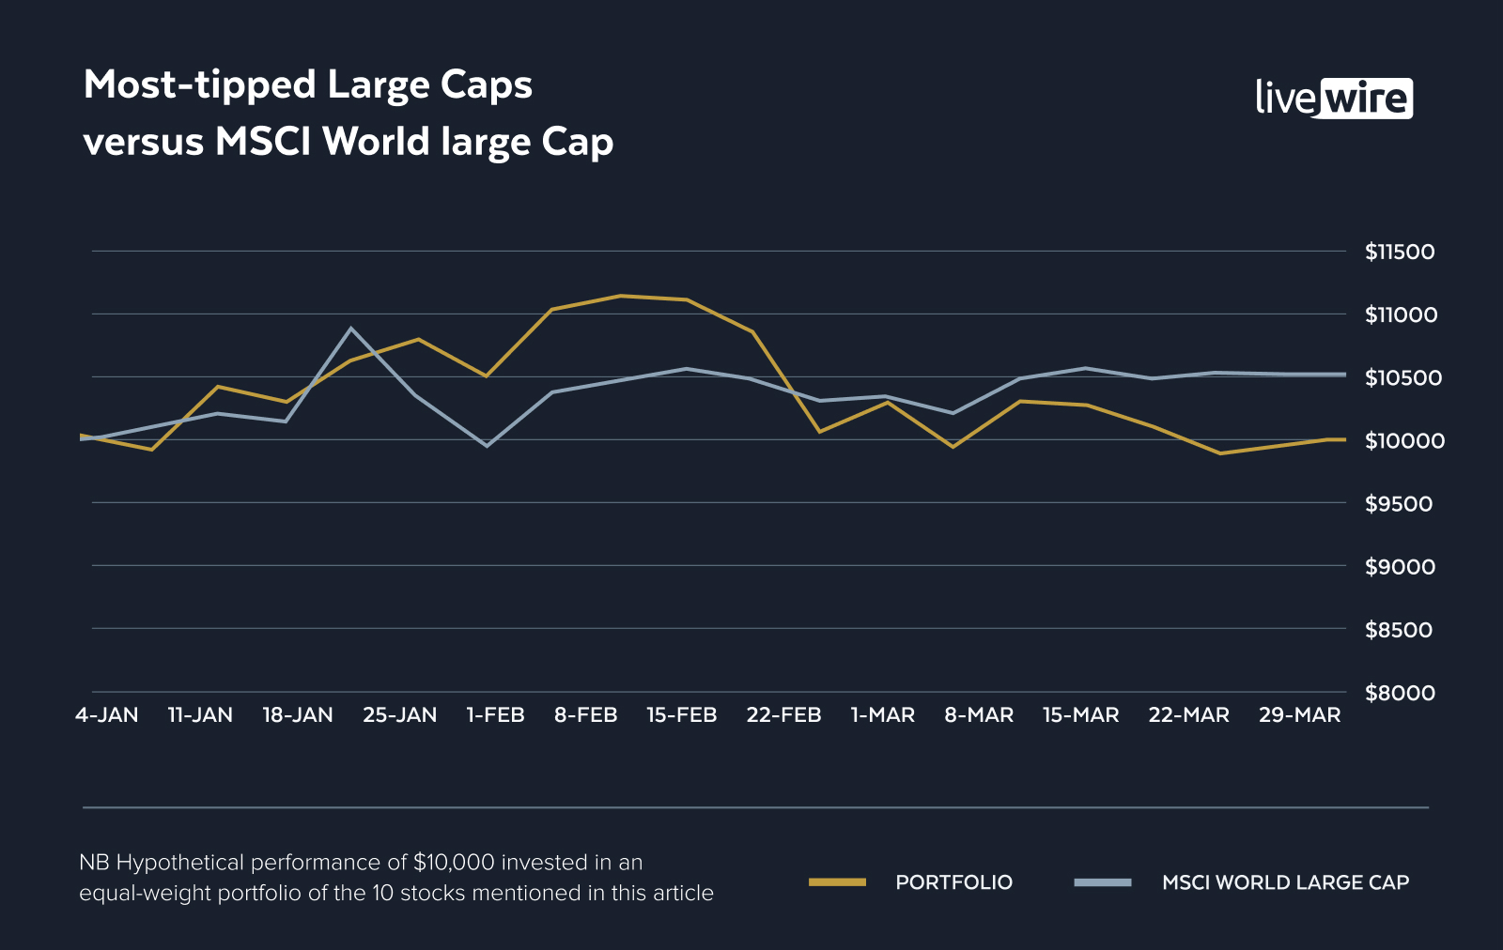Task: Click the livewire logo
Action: [x=1333, y=98]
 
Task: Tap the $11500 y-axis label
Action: [x=1399, y=252]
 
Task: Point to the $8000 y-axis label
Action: [x=1399, y=693]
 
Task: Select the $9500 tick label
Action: [x=1398, y=504]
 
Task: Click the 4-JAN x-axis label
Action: [x=107, y=715]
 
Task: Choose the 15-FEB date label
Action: [x=681, y=715]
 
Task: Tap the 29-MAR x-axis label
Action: [x=1299, y=715]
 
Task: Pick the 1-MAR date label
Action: [x=882, y=715]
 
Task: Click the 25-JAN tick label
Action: [x=399, y=715]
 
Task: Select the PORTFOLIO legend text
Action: [x=953, y=882]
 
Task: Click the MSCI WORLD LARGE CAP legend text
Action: [x=1285, y=882]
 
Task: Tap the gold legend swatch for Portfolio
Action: [x=837, y=882]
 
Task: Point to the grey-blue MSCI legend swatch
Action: [x=1103, y=882]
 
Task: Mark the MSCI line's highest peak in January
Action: [x=351, y=329]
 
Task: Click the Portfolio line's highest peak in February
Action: [x=620, y=296]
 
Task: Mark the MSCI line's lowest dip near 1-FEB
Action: [x=487, y=445]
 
